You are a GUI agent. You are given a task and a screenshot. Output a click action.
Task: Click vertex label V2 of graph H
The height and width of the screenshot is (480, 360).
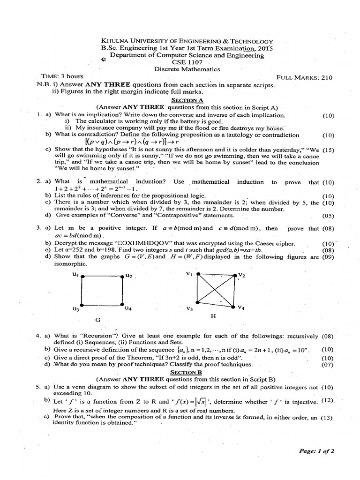coord(242,275)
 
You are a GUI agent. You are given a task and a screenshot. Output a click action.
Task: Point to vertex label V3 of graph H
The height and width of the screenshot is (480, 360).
coord(189,309)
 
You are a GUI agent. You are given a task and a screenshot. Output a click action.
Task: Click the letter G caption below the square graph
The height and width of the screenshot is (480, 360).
coord(98,320)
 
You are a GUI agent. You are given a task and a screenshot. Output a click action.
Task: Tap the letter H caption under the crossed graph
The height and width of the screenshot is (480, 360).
coord(212,316)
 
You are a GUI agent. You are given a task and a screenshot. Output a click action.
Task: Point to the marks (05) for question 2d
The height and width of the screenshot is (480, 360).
coord(328,216)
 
